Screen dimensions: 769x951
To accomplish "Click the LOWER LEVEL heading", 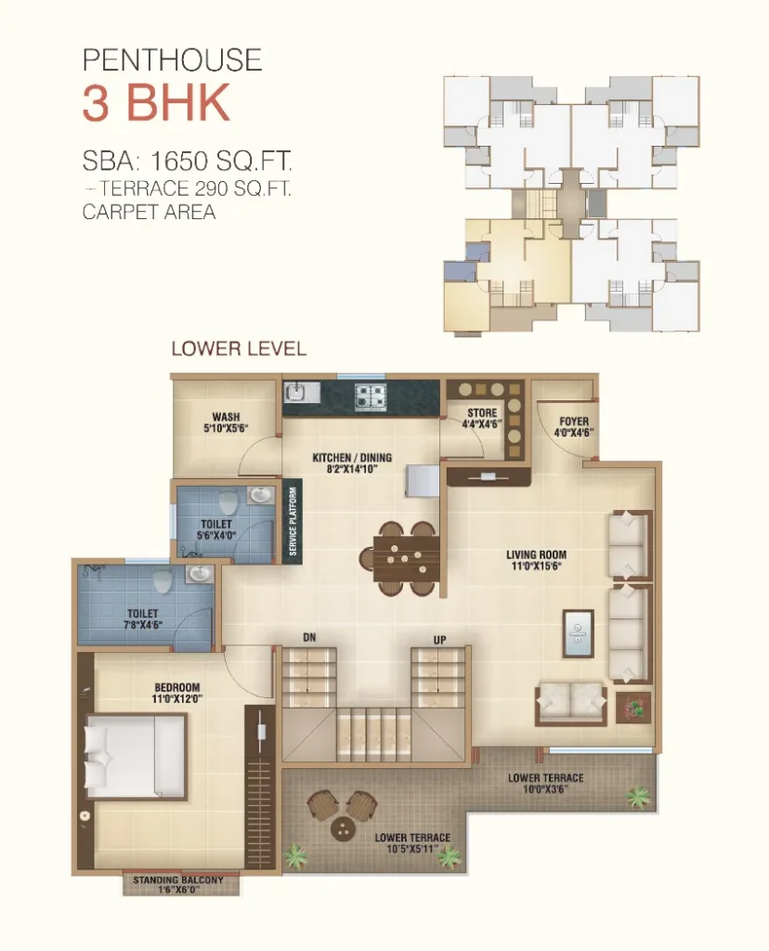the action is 239,349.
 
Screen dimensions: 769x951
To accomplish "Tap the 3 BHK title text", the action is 156,103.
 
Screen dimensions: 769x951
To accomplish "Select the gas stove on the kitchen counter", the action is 370,395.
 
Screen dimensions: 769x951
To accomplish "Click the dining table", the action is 406,558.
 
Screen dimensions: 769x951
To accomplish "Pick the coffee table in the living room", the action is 578,633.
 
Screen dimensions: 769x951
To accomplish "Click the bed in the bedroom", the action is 136,756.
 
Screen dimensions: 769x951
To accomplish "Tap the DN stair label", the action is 309,637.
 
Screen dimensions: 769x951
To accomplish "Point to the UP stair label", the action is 439,639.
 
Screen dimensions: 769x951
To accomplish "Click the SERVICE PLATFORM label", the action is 293,521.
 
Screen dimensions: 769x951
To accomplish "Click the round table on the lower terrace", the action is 344,828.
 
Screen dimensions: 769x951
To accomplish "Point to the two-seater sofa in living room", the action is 570,704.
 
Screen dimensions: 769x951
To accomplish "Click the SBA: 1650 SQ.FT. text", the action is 187,161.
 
